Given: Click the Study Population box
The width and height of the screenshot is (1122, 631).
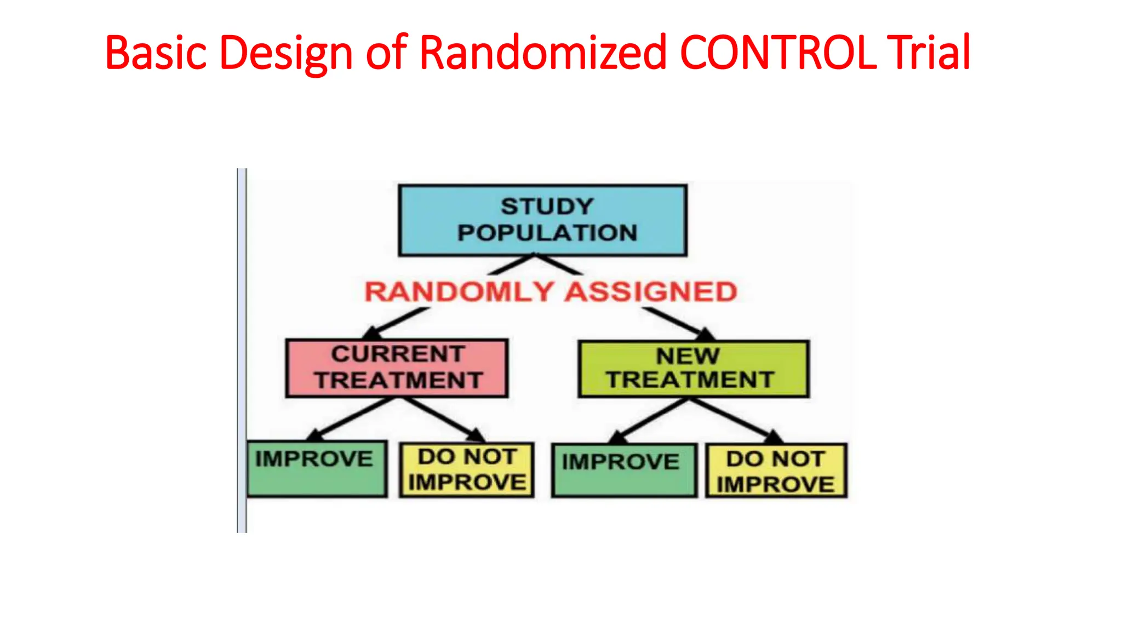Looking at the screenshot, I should [x=542, y=220].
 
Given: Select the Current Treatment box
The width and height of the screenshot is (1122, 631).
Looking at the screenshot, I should [x=397, y=368].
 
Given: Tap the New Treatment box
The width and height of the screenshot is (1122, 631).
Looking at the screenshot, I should [x=693, y=369].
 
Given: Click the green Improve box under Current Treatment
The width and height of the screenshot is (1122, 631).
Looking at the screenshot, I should [x=317, y=469].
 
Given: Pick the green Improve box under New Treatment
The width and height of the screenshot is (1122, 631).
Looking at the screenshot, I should [x=623, y=470].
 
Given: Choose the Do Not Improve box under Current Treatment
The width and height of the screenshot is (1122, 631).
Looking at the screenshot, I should [x=466, y=470].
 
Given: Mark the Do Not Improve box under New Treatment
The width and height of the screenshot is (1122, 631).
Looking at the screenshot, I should [x=776, y=471].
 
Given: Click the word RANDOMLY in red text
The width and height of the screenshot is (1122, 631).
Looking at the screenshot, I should [x=459, y=291].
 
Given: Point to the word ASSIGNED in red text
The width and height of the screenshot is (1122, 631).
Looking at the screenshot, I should [x=651, y=291].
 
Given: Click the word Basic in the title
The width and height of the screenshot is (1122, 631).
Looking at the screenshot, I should [x=156, y=53].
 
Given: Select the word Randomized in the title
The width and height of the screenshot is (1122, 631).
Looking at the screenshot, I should [x=542, y=53].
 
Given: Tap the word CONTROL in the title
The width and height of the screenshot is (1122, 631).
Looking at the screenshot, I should [x=778, y=53].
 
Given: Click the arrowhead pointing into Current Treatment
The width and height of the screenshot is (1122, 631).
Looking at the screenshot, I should [x=373, y=333].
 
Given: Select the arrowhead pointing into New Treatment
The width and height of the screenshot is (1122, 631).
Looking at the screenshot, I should [x=706, y=334].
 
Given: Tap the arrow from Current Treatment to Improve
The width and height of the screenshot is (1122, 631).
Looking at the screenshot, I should [x=351, y=419].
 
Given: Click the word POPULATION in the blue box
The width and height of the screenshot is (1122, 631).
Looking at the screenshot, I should [x=547, y=233].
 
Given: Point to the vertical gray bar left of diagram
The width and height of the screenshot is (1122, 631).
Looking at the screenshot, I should [x=242, y=351].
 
